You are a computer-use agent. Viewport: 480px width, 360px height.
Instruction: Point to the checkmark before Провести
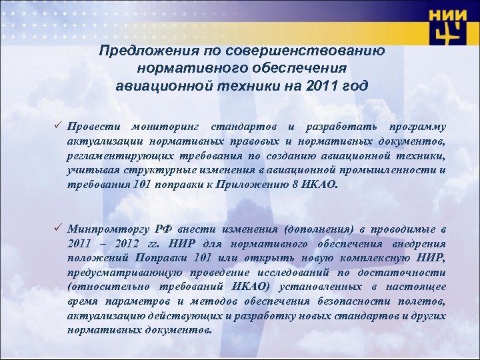57,127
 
